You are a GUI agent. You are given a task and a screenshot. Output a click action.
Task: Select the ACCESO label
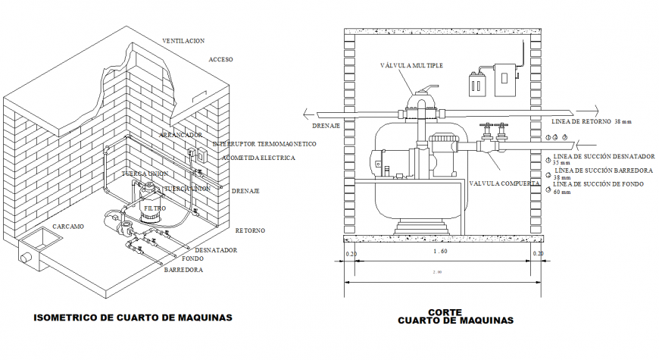220,59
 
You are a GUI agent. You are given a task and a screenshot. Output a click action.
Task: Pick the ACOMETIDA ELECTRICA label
258,158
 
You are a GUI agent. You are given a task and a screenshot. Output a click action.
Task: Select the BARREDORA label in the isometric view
183,268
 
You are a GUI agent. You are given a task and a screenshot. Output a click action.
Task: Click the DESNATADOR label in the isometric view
217,249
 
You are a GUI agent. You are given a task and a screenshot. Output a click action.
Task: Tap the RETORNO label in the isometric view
249,230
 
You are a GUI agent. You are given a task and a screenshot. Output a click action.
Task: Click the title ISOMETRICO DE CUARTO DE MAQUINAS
133,318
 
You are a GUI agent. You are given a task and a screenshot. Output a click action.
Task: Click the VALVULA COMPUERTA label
504,183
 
